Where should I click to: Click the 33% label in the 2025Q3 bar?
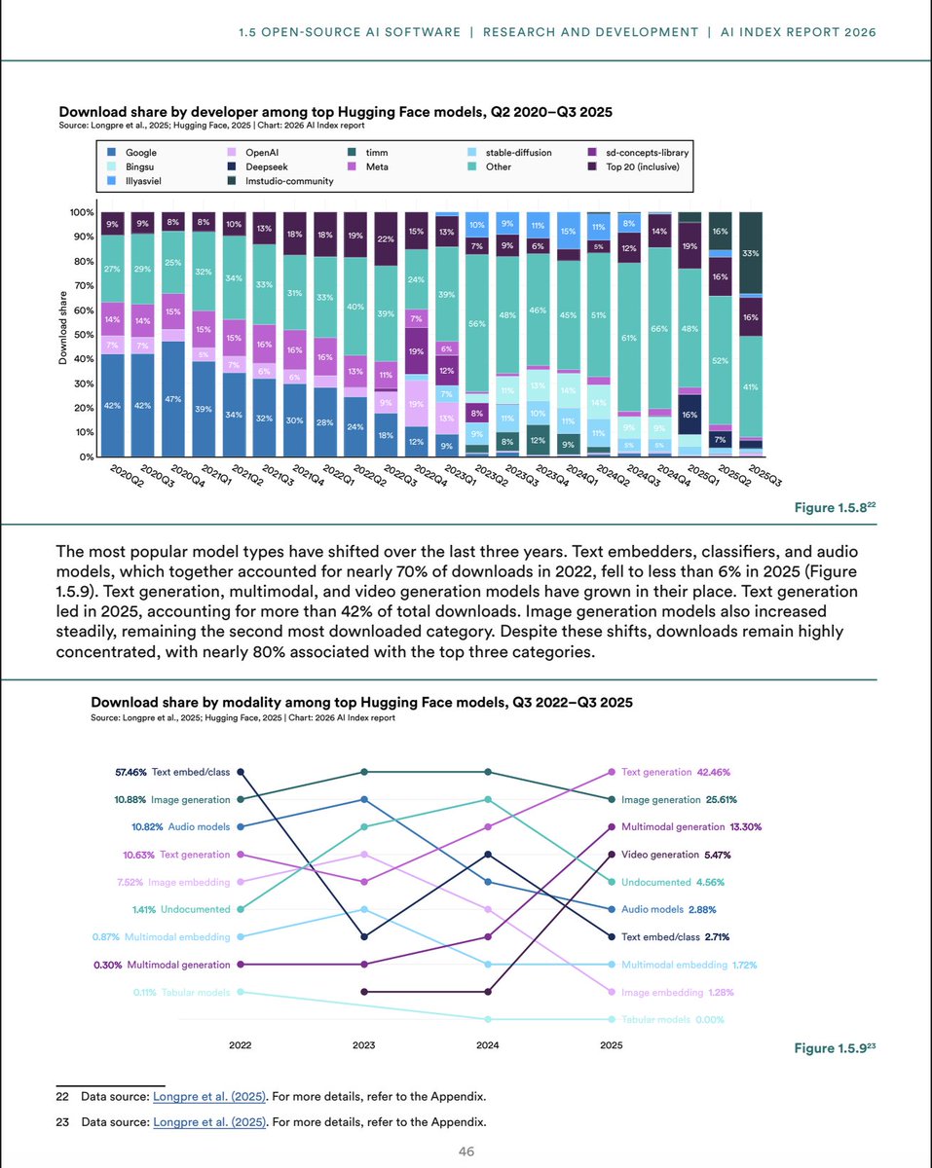point(750,253)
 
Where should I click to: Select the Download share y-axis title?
point(61,335)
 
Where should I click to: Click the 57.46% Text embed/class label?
point(171,772)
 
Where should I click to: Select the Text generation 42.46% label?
point(677,772)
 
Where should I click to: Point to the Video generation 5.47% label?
point(677,855)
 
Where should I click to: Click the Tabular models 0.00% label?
point(672,1019)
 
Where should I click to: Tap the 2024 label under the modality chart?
point(487,1046)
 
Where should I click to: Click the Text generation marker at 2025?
point(611,772)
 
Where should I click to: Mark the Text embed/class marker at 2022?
point(240,772)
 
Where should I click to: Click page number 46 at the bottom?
point(466,1151)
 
